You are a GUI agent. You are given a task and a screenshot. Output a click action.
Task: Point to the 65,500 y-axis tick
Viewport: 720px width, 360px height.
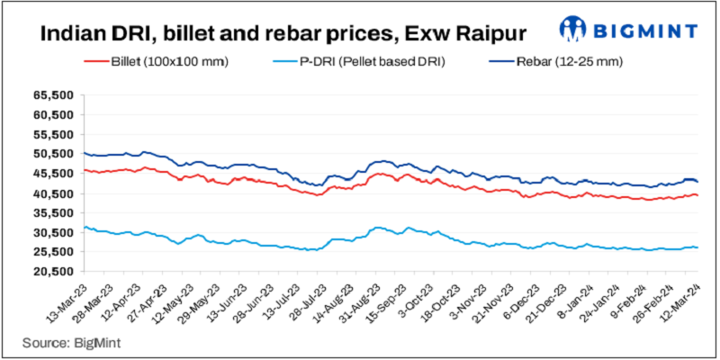[55, 94]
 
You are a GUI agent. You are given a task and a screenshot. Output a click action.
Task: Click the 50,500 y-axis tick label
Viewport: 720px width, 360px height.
[55, 154]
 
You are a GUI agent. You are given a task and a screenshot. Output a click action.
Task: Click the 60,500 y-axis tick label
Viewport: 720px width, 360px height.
[55, 114]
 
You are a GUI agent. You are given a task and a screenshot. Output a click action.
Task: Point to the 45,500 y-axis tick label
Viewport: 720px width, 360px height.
[55, 174]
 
